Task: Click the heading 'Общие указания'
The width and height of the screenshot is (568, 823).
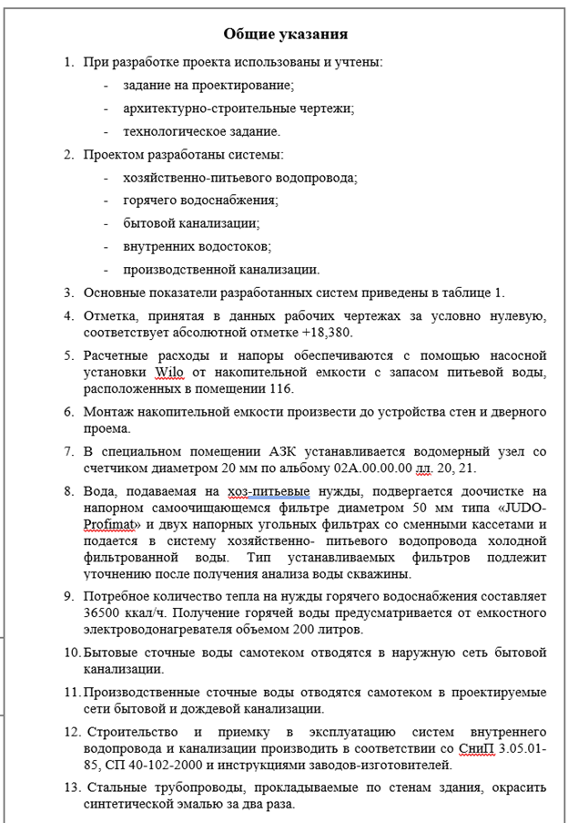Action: coord(285,35)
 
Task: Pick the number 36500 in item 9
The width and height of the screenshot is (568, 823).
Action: coord(103,612)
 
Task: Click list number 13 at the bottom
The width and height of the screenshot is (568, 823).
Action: coord(71,787)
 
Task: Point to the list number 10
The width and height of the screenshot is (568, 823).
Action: coord(72,653)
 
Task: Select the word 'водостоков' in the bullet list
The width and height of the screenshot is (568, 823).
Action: coord(229,246)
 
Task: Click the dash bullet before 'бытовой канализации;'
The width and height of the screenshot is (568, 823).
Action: coord(106,222)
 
